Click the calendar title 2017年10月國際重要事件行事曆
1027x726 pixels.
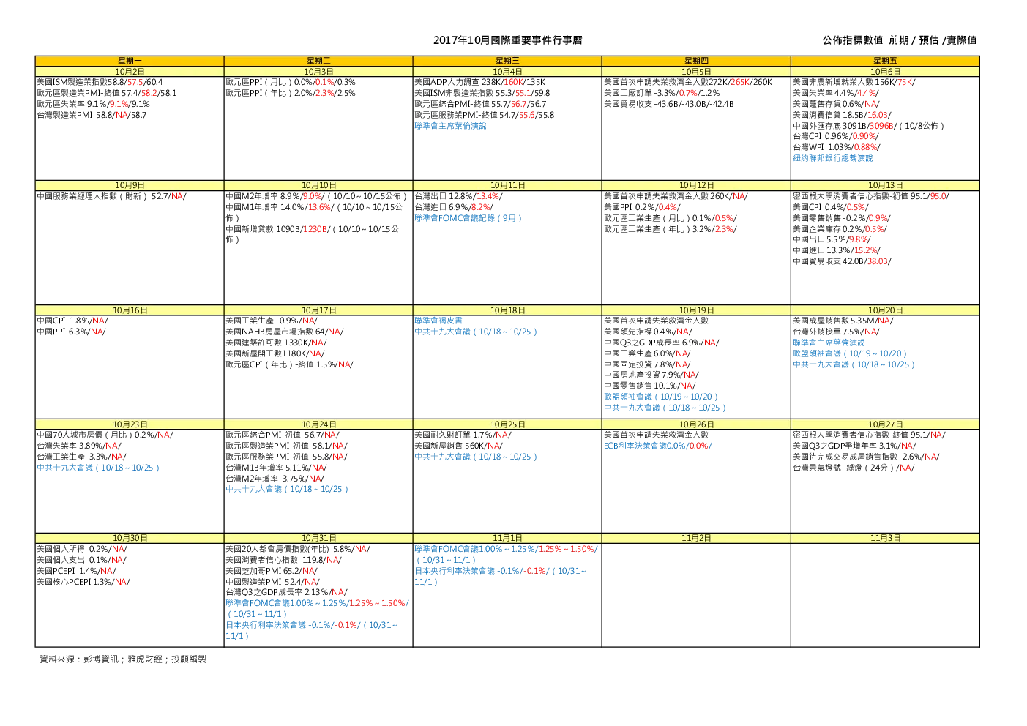point(507,40)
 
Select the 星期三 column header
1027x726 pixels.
point(507,61)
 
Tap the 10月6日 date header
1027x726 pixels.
point(885,72)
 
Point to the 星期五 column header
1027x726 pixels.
point(885,61)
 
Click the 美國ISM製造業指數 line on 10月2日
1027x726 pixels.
point(100,82)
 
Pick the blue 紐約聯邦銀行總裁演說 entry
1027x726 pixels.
point(832,158)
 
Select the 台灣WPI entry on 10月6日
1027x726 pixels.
point(836,147)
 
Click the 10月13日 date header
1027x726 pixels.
point(885,185)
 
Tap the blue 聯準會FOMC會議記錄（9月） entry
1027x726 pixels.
point(468,218)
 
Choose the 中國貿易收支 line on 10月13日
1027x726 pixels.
point(842,261)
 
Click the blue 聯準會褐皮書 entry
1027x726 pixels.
point(438,321)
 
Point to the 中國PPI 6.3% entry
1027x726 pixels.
point(71,332)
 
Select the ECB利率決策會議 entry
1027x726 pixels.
point(657,446)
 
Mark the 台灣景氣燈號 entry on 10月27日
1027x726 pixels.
point(854,468)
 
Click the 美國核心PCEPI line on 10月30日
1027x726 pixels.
point(83,582)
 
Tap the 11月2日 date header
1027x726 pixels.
point(696,538)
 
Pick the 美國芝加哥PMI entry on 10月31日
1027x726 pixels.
point(272,571)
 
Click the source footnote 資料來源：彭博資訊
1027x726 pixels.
point(79,659)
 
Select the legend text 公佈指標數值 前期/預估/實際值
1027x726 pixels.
point(899,40)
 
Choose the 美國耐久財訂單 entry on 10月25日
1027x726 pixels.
point(463,435)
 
